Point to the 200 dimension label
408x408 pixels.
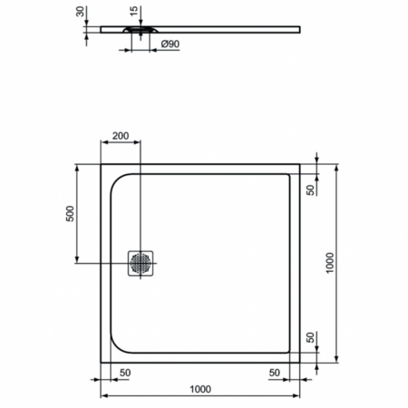tap(121, 136)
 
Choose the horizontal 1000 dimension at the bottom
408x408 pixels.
tap(200, 390)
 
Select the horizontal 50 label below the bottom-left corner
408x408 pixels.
tap(124, 373)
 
